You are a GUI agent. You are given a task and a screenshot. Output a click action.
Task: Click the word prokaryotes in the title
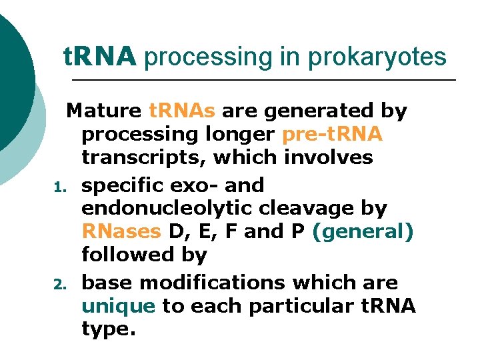377,57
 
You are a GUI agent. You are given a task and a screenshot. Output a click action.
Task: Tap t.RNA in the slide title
100,57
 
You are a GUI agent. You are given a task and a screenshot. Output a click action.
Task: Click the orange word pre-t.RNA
332,135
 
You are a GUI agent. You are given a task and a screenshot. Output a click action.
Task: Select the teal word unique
118,306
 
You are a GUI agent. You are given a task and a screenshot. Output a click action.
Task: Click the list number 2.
57,284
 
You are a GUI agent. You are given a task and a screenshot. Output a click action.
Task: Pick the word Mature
104,111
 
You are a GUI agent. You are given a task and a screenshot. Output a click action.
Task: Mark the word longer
236,135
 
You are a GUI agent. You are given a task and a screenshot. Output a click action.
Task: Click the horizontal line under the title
263,81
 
